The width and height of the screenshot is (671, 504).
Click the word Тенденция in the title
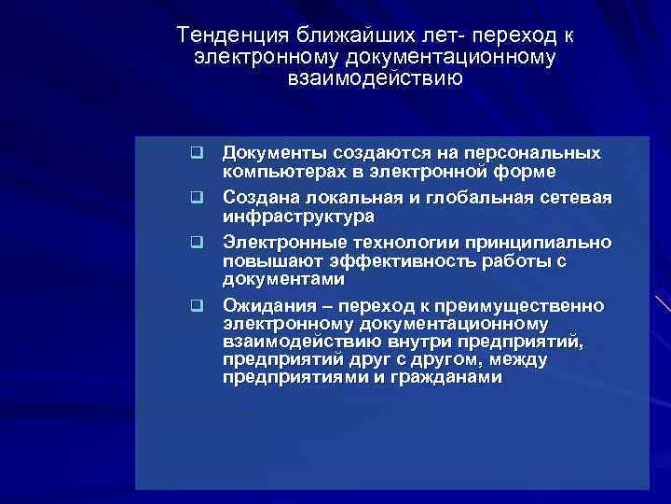pyautogui.click(x=235, y=35)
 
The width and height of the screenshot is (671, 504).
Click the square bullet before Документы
pyautogui.click(x=198, y=153)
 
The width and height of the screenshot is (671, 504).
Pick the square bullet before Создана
pyautogui.click(x=198, y=198)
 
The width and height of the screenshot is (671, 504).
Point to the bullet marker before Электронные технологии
pyautogui.click(x=198, y=243)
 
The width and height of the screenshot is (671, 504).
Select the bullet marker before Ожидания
pyautogui.click(x=198, y=306)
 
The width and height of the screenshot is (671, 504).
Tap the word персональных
pyautogui.click(x=539, y=152)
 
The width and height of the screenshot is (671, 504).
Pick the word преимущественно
pyautogui.click(x=524, y=305)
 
